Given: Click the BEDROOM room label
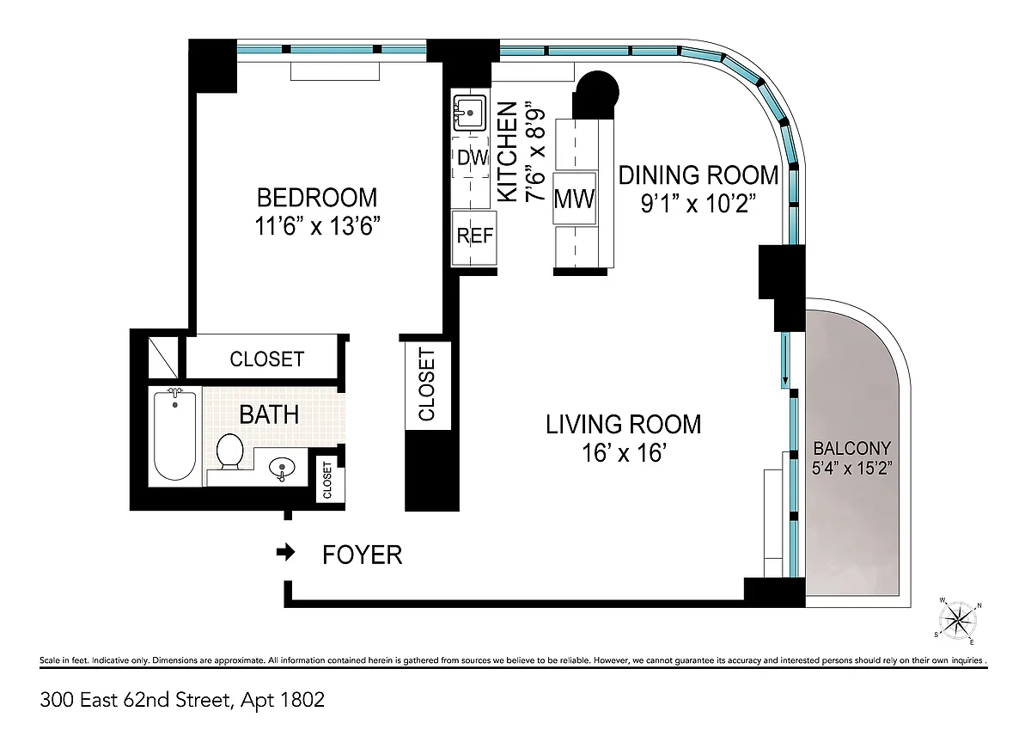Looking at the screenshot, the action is point(317,198).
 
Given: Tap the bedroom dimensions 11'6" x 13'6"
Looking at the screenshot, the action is point(317,225).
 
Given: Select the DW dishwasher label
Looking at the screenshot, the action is point(473,158).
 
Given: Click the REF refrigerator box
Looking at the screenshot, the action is point(474,237).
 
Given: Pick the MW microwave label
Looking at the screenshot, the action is point(574,199).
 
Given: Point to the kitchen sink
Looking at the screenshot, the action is point(469,113).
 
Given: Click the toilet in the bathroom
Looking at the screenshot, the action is point(229,451).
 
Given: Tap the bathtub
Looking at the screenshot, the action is point(175,435).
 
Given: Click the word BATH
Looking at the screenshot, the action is point(269,414).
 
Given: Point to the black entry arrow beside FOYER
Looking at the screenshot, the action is point(285,552).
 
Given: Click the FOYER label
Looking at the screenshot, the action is point(363,555).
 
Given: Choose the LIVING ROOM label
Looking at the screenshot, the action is point(623,425).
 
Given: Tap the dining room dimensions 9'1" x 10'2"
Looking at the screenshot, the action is point(699,203).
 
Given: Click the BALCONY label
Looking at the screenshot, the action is point(852,448).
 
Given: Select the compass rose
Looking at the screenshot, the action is point(958,621).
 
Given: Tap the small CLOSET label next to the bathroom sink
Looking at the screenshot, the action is point(327,480).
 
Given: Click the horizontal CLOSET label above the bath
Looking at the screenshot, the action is point(267,359).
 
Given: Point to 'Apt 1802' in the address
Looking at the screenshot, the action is point(283,700).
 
